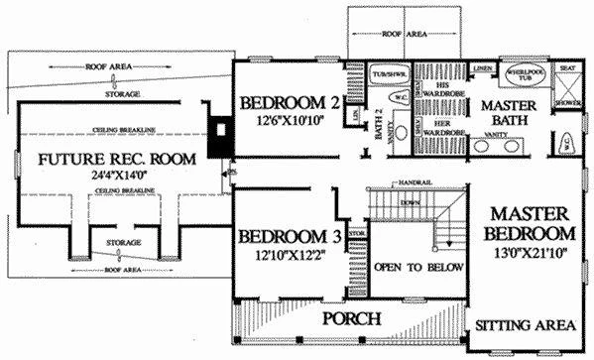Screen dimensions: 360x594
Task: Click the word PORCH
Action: pyautogui.click(x=352, y=319)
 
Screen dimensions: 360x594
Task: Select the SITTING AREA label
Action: pyautogui.click(x=525, y=325)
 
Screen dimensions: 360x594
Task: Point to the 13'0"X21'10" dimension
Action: pyautogui.click(x=530, y=254)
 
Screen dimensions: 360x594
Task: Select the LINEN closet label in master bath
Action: pyautogui.click(x=483, y=68)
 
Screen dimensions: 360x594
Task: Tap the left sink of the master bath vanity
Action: pyautogui.click(x=485, y=146)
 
